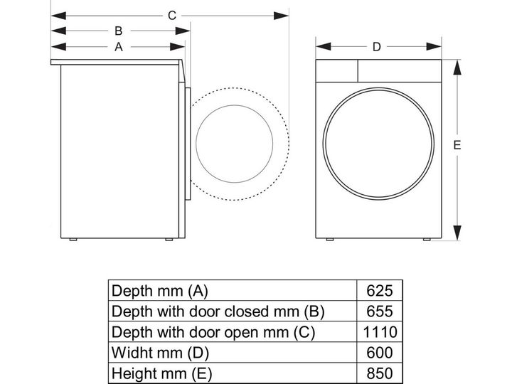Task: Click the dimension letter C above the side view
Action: coord(172,16)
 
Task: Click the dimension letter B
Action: coord(119,31)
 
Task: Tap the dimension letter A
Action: coord(119,47)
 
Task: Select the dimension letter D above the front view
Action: coord(377,47)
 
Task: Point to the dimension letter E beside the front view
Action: coord(457,145)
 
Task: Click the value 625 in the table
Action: coord(380,291)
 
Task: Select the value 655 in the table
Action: coord(380,311)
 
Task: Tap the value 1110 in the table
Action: coord(380,332)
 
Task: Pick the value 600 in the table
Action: coord(380,353)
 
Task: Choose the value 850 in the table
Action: coord(380,373)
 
